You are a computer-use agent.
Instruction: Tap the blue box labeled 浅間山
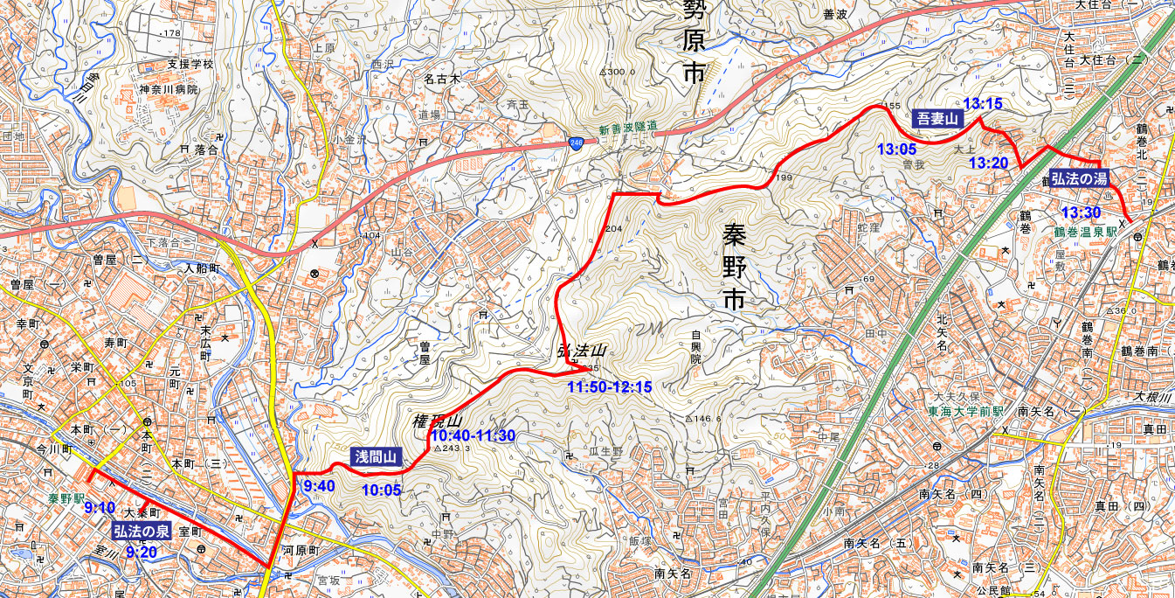click(377, 456)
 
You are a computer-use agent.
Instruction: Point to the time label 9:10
click(101, 508)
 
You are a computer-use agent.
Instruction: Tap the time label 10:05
click(381, 490)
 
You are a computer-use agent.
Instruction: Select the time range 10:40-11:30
click(472, 435)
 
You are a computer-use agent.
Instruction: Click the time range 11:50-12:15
click(610, 386)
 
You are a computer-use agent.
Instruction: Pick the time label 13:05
click(897, 149)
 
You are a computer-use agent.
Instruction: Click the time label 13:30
click(1081, 212)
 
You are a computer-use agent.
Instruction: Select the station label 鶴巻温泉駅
click(1086, 233)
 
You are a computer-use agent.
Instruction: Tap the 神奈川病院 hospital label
click(169, 90)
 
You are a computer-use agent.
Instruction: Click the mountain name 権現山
click(436, 421)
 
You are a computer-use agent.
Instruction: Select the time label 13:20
click(989, 163)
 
